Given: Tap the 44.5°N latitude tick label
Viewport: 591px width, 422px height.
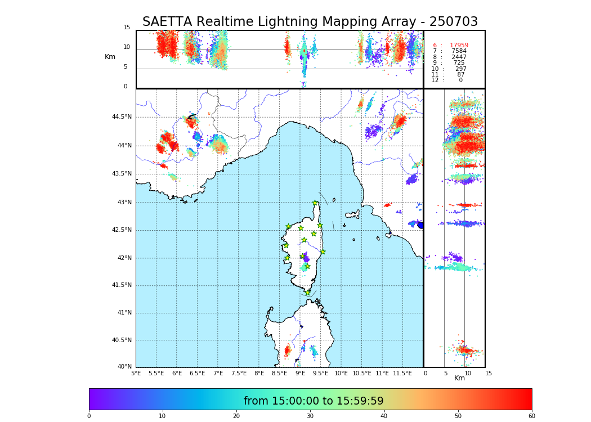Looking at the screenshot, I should click(x=122, y=117).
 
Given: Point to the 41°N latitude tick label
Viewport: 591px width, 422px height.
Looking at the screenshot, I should click(x=123, y=313).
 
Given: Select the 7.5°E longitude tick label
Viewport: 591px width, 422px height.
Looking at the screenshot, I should click(x=239, y=373).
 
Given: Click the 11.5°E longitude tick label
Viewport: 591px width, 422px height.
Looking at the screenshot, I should click(x=402, y=373).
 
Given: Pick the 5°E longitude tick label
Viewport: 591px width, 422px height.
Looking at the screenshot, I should click(x=136, y=373).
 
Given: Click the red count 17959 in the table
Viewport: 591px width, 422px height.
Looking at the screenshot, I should click(x=459, y=46).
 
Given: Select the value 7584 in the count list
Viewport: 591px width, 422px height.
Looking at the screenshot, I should click(x=459, y=51).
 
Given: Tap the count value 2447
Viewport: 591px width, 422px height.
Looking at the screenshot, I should click(x=459, y=57).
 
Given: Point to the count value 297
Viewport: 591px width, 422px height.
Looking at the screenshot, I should click(x=461, y=69).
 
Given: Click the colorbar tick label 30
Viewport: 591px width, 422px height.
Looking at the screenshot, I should click(x=310, y=416).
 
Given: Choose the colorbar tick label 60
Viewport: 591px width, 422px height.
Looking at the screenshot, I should click(x=531, y=416).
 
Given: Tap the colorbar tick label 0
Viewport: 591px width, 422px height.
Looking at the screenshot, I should click(x=89, y=416).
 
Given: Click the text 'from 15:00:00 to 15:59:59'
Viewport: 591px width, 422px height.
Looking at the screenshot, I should click(x=314, y=401).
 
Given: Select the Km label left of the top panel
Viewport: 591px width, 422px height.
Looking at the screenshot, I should click(x=110, y=57).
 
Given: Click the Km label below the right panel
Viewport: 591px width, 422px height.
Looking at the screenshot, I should click(x=459, y=378).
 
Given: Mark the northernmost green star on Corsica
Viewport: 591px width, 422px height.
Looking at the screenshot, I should click(x=315, y=203).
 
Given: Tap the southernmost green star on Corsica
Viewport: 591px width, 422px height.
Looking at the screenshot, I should click(x=307, y=293).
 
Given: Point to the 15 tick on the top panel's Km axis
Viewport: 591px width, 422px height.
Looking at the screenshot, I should click(x=127, y=28).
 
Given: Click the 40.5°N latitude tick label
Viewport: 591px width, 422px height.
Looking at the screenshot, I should click(x=122, y=340).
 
